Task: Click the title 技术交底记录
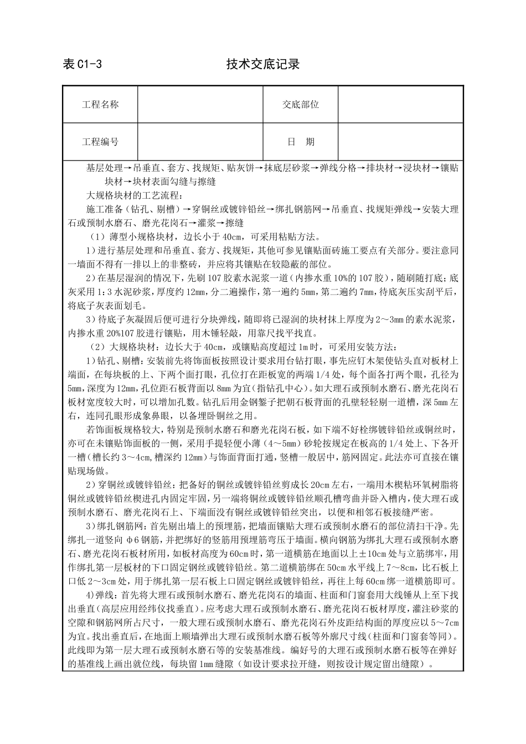point(262,64)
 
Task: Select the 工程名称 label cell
point(100,105)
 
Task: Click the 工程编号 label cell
point(100,142)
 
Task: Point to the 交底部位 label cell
point(301,105)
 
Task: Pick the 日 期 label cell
point(301,142)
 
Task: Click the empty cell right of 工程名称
point(200,105)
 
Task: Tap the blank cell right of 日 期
point(400,142)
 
